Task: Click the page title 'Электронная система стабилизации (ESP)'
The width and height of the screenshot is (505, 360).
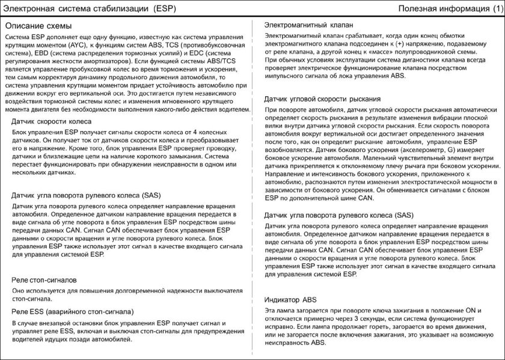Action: coord(90,8)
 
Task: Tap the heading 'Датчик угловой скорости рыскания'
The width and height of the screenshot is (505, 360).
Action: coord(322,98)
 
